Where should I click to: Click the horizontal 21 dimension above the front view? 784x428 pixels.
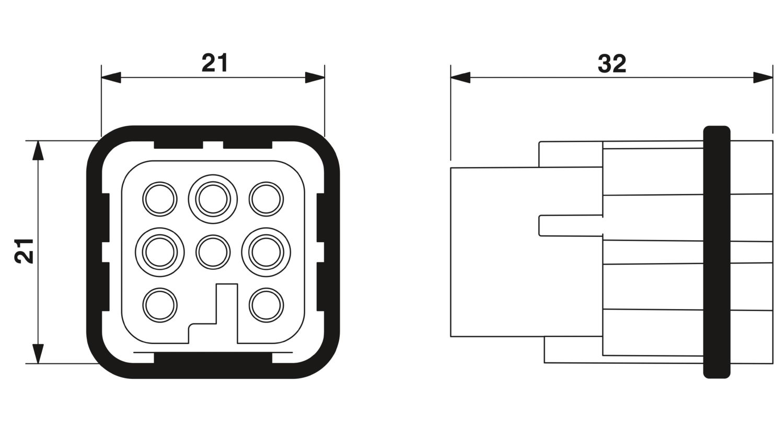pyautogui.click(x=214, y=63)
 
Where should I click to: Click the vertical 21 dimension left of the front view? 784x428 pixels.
pyautogui.click(x=24, y=251)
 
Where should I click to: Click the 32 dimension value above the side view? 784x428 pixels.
pyautogui.click(x=612, y=64)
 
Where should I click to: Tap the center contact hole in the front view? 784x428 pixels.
pyautogui.click(x=213, y=252)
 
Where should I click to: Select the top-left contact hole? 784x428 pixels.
pyautogui.click(x=159, y=199)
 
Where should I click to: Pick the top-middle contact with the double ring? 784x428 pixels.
pyautogui.click(x=213, y=199)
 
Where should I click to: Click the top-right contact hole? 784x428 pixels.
pyautogui.click(x=266, y=199)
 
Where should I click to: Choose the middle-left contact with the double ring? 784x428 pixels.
pyautogui.click(x=159, y=252)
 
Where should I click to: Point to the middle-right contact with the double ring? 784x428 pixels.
pyautogui.click(x=266, y=252)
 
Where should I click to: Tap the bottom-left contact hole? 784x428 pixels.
pyautogui.click(x=159, y=305)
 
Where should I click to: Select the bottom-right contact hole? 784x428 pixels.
pyautogui.click(x=266, y=305)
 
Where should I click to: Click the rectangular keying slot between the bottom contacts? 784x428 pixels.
pyautogui.click(x=227, y=313)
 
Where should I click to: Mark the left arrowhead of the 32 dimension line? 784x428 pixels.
pyautogui.click(x=460, y=78)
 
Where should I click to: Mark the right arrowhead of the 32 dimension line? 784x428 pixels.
pyautogui.click(x=763, y=78)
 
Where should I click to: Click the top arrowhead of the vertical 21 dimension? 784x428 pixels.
pyautogui.click(x=38, y=151)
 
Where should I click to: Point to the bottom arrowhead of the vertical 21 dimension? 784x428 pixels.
pyautogui.click(x=38, y=353)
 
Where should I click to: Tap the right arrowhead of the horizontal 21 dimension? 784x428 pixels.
pyautogui.click(x=315, y=78)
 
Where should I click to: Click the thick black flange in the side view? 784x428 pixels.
pyautogui.click(x=717, y=252)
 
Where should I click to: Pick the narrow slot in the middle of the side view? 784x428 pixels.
pyautogui.click(x=571, y=225)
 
